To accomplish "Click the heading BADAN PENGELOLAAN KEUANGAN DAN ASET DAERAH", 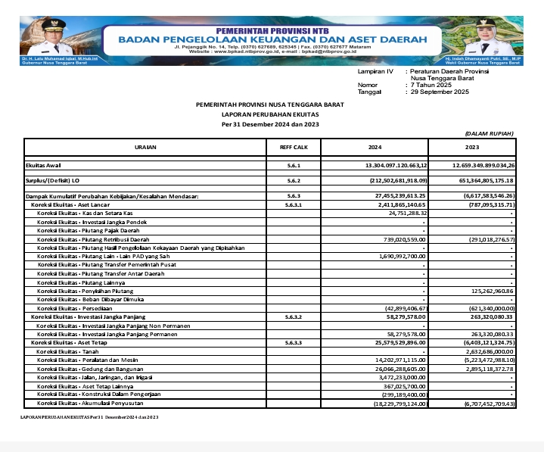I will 272,39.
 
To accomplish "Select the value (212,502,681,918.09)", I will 395,181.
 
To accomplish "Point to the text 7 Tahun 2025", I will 431,85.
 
